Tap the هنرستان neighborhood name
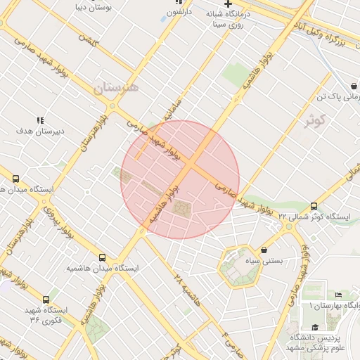(x=116, y=89)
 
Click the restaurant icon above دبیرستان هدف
(x=40, y=120)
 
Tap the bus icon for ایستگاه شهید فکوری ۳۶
(x=46, y=299)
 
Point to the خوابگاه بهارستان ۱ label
(x=335, y=306)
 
